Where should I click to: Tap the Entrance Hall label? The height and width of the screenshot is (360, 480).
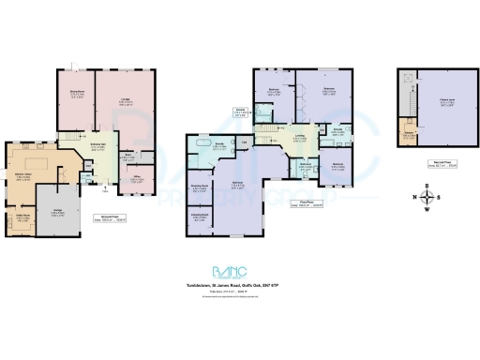[x=97, y=146]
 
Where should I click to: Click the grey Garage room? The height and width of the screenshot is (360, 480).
[x=57, y=211]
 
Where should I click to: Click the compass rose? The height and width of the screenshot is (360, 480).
[x=427, y=197]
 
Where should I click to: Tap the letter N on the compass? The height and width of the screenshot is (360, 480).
[x=413, y=197]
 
